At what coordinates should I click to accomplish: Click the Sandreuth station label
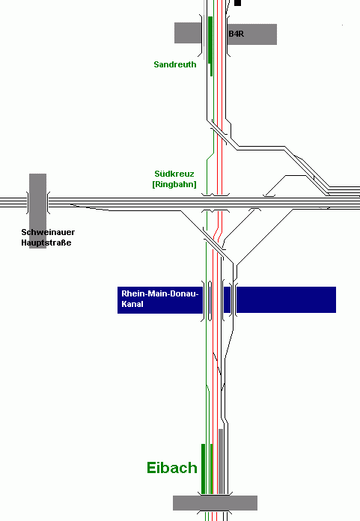tap(174, 64)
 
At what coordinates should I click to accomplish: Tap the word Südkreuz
tap(174, 174)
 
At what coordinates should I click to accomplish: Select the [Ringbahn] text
tap(174, 184)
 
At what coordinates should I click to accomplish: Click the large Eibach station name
tap(172, 468)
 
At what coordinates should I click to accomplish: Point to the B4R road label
tap(237, 34)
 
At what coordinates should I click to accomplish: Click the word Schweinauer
tap(48, 232)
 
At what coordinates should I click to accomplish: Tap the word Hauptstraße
tap(46, 243)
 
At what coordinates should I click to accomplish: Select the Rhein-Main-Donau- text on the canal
tap(159, 293)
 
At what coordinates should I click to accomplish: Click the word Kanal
tap(132, 304)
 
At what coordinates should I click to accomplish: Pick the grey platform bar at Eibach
tap(221, 461)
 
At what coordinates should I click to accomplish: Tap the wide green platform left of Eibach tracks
tap(204, 469)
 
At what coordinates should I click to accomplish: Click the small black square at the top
tap(237, 3)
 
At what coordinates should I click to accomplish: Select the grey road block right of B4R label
tap(252, 34)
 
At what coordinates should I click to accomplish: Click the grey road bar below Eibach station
tap(215, 503)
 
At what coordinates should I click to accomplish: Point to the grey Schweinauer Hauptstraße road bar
tap(37, 210)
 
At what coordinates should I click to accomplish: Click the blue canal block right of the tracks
tap(286, 299)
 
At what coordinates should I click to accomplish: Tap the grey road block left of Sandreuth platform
tap(188, 33)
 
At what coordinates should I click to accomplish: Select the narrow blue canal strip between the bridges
tap(228, 299)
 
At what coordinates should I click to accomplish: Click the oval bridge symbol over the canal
tap(210, 301)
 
